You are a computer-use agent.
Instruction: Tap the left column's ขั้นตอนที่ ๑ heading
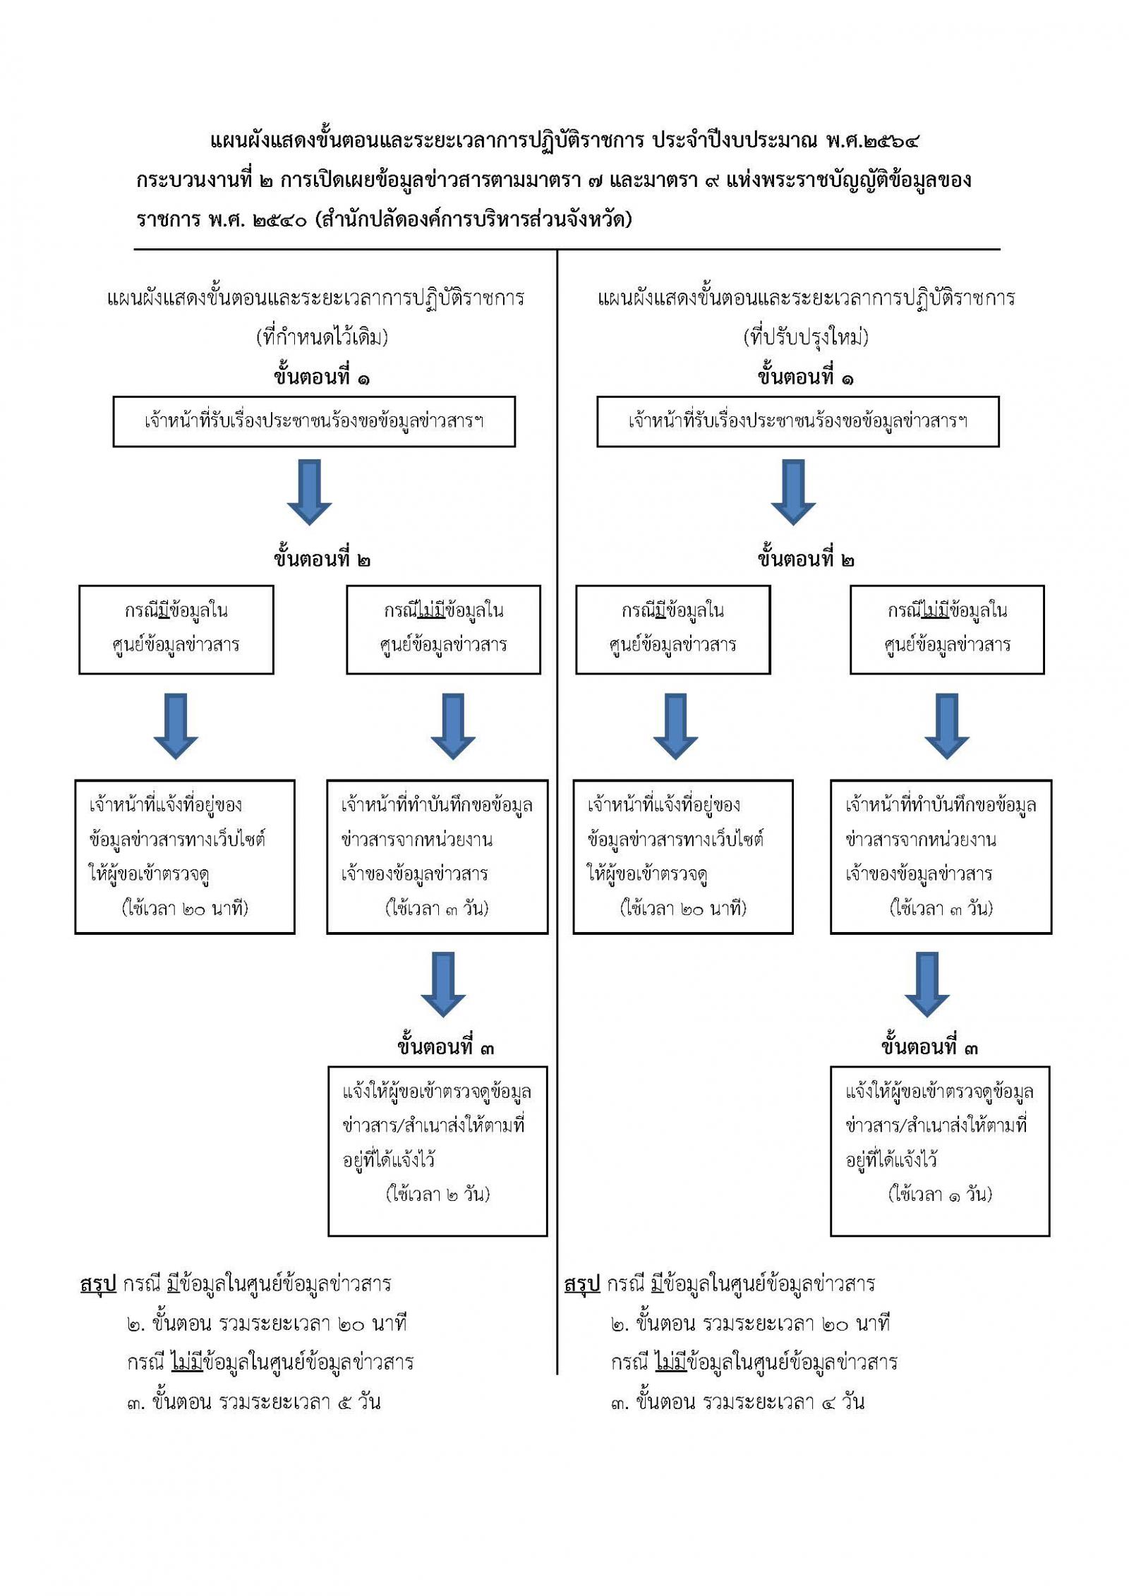[322, 378]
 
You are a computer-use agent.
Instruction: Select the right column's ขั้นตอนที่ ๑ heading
[806, 378]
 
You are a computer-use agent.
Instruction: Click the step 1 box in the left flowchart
[314, 421]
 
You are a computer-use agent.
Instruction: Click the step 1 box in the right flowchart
[798, 421]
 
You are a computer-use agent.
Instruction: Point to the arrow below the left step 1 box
[309, 491]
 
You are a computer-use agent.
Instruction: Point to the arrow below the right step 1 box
[793, 491]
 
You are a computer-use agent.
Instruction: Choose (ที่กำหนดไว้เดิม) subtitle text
[322, 338]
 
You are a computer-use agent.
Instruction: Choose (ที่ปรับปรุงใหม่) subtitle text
[806, 338]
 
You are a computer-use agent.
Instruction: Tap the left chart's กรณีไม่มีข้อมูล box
[443, 629]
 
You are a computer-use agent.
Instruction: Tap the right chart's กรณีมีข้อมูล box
[672, 629]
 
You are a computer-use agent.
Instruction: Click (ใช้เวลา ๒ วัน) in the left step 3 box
[437, 1194]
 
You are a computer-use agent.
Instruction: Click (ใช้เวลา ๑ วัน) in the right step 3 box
[940, 1194]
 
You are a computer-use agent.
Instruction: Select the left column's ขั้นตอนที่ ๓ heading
[445, 1048]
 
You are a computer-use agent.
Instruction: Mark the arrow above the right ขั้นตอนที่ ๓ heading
[926, 984]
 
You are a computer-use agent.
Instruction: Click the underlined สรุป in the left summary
[98, 1284]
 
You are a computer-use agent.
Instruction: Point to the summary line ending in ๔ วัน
[737, 1401]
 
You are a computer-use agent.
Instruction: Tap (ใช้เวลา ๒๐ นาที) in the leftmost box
[186, 908]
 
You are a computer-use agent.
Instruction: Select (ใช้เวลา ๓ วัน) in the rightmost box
[941, 908]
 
